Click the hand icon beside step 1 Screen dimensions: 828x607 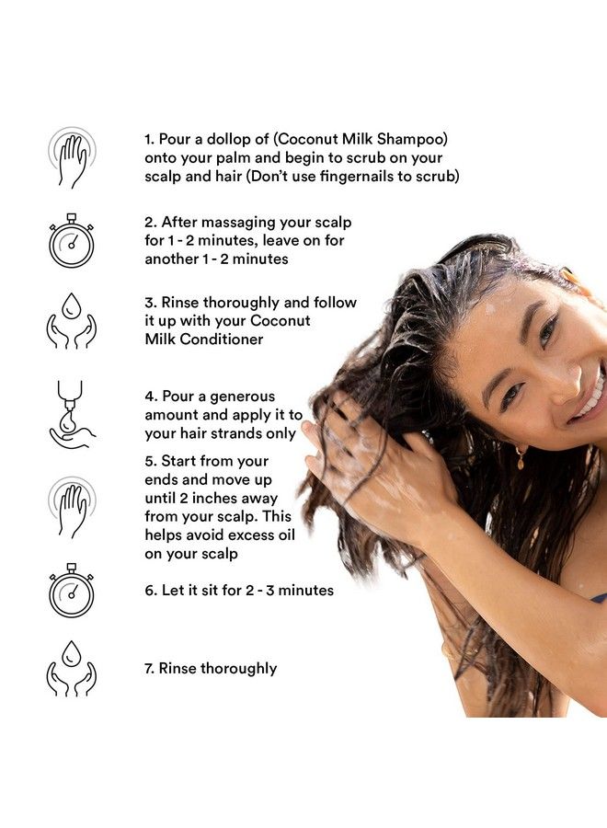(x=72, y=157)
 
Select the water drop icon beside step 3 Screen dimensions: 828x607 (x=72, y=321)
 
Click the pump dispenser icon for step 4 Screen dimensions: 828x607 (x=72, y=414)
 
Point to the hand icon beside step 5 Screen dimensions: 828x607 (x=72, y=507)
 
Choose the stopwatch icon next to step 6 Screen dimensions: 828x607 (x=72, y=590)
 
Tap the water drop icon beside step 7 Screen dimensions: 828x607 (x=72, y=669)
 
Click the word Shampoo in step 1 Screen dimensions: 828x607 (x=416, y=139)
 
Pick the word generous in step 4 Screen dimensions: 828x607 (x=239, y=397)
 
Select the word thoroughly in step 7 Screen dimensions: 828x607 (x=234, y=669)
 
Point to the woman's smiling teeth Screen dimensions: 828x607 (x=592, y=397)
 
